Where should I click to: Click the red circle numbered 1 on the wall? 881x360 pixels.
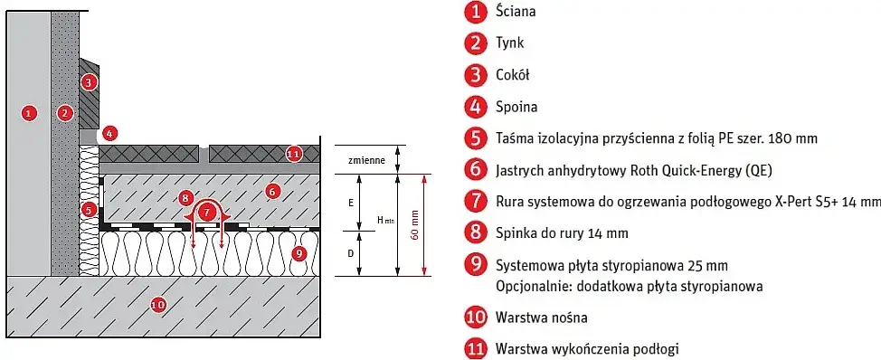point(29,113)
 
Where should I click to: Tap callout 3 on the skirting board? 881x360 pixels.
point(88,82)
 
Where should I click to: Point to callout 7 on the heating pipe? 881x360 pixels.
point(209,212)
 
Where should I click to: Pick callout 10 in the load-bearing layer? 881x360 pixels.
point(157,305)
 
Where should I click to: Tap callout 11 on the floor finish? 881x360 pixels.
point(292,153)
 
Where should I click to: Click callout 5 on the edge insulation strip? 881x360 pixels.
point(88,209)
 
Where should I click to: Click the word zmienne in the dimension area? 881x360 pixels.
point(366,160)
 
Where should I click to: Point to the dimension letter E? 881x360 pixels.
point(350,204)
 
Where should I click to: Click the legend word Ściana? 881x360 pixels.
point(516,12)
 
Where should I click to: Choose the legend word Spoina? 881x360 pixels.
point(516,107)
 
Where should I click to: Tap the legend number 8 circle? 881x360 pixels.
point(475,233)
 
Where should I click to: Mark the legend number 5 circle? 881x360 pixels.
point(475,137)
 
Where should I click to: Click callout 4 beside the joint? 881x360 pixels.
point(109,133)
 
